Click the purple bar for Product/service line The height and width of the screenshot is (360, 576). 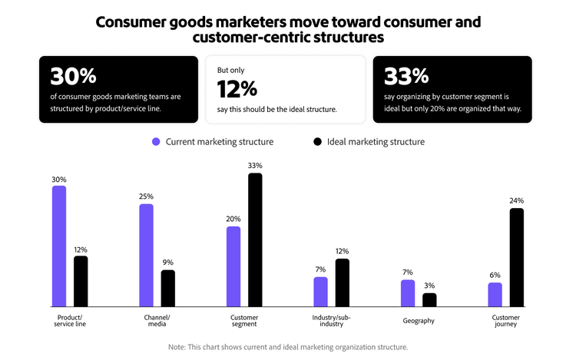(59, 246)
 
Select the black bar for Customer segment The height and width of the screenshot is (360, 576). (255, 240)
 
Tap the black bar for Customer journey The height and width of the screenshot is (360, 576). (516, 258)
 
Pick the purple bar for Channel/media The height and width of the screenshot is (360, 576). (146, 256)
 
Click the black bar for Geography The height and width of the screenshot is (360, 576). (429, 300)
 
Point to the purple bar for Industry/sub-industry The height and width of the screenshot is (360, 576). (320, 292)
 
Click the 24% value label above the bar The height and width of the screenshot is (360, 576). (516, 200)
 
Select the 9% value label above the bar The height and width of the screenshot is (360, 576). (168, 262)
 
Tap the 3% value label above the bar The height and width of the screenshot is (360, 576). (429, 286)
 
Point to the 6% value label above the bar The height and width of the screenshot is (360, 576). (495, 275)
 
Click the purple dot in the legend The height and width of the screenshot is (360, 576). (156, 142)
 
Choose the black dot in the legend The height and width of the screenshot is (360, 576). (317, 142)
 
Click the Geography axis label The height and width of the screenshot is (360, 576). (419, 321)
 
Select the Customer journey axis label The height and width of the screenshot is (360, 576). (505, 321)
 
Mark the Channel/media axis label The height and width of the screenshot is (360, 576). (157, 321)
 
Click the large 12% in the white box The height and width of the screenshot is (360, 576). (237, 90)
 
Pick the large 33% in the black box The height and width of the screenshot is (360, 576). (406, 77)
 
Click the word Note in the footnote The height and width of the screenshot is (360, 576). (177, 347)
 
